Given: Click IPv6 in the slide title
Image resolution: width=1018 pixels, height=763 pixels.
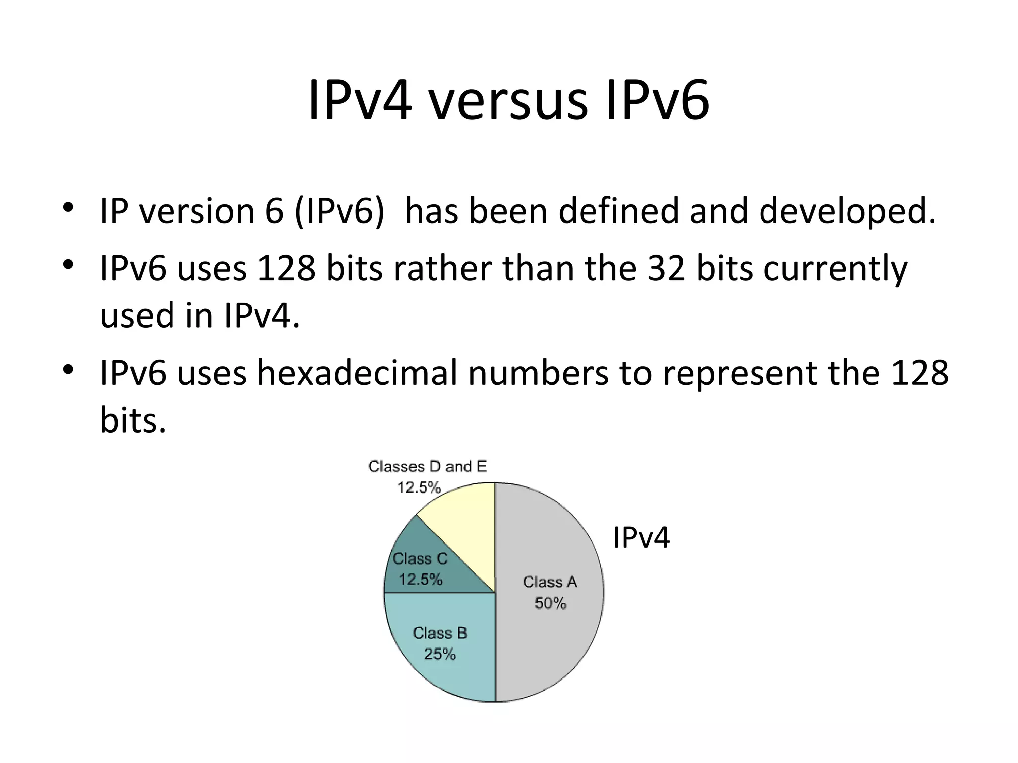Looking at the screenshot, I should pos(657,101).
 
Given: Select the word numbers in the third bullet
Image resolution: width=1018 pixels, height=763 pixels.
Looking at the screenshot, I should pos(538,373).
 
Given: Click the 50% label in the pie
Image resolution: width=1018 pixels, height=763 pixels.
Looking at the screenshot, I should pos(550,603).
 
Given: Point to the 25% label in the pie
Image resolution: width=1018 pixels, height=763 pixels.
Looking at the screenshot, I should pos(440,654).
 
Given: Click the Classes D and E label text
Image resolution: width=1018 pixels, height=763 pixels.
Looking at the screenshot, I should pos(427,467).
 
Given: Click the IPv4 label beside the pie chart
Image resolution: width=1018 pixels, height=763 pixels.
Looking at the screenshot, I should pos(641,537).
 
